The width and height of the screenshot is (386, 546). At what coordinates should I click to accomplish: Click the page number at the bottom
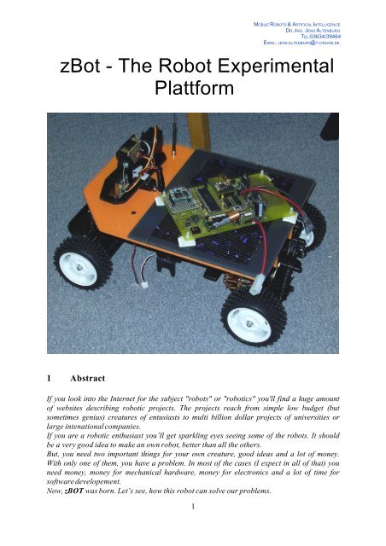point(193,530)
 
